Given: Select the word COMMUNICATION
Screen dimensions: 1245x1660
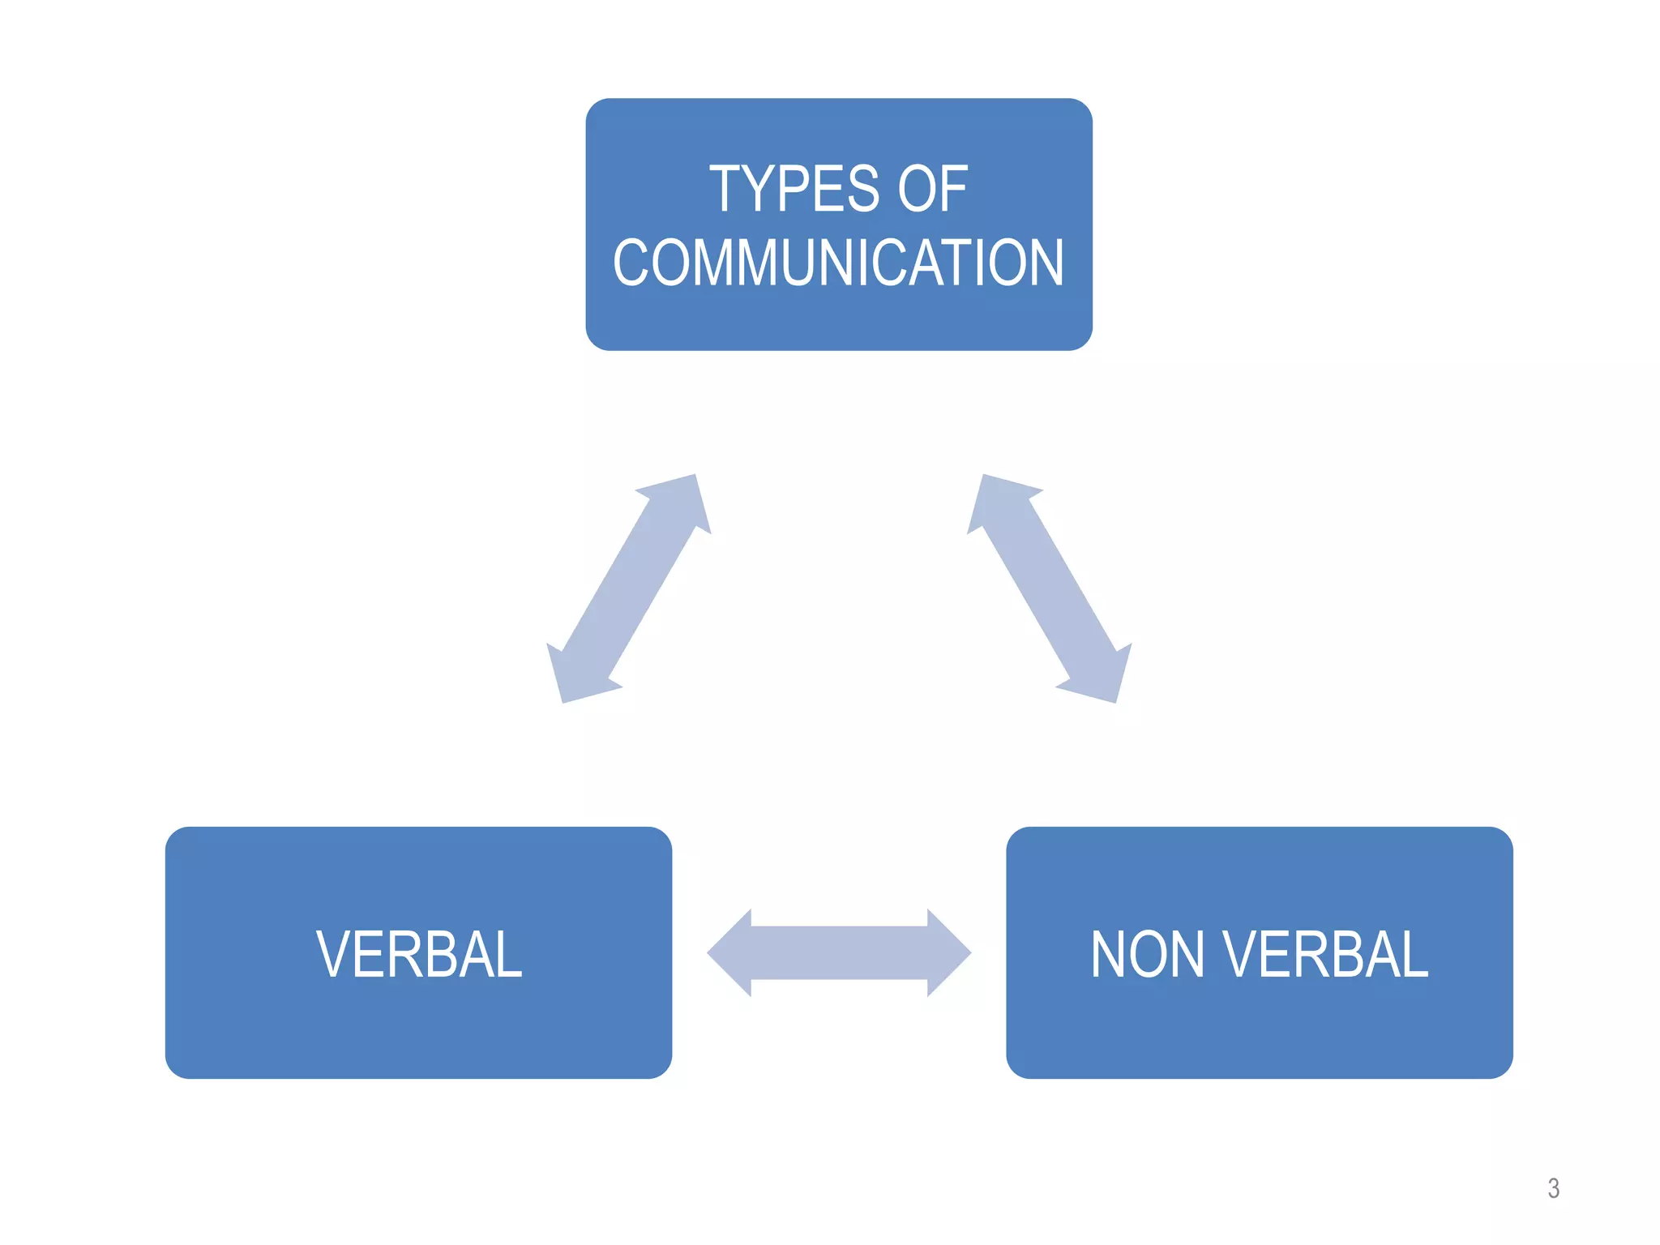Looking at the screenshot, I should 838,263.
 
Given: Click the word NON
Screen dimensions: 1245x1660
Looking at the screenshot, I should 1147,954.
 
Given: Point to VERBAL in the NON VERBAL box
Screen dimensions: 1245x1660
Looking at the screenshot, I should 1325,954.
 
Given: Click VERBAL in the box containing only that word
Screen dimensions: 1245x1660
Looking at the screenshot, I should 418,954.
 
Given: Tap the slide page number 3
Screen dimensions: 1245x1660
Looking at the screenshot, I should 1553,1188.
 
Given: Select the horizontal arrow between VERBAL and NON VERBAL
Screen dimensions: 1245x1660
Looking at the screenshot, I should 839,952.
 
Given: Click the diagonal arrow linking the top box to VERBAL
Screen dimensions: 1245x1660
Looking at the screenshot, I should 629,588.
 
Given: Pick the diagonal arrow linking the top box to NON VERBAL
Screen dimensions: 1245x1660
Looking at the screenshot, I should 1049,588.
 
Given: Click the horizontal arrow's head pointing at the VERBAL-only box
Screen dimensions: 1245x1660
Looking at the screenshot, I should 729,952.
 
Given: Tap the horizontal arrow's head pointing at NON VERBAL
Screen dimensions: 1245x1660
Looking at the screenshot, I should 948,952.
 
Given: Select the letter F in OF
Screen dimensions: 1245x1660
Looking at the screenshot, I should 954,189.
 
